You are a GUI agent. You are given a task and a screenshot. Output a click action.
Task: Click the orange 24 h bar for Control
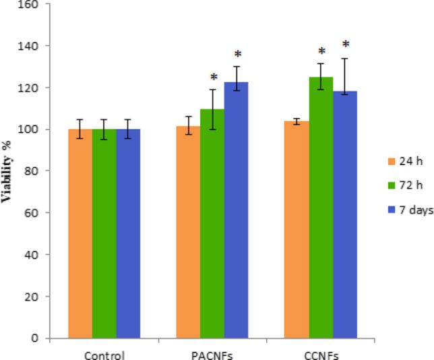click(80, 233)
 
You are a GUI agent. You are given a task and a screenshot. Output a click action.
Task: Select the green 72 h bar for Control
click(104, 233)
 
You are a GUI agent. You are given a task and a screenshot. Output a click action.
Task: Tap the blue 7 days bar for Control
click(128, 233)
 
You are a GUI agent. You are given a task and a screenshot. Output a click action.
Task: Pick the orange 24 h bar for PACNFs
click(188, 232)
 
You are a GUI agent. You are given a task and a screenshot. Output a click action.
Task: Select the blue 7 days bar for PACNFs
click(236, 210)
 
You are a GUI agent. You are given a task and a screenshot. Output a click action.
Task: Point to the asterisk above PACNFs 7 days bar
click(237, 55)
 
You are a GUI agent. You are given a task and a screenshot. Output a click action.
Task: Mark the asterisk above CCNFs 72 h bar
click(321, 52)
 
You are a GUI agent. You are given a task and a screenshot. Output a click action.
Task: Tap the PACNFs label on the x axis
click(212, 353)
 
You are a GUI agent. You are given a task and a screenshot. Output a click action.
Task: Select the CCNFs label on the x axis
click(321, 353)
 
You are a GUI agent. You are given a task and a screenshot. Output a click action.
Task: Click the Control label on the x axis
click(104, 353)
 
